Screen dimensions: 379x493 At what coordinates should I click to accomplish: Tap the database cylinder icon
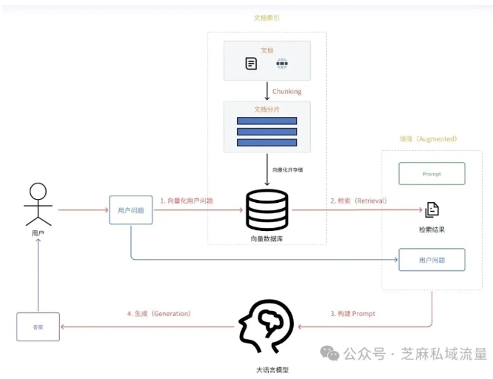coord(266,209)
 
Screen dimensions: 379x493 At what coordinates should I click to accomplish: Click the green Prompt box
coord(432,173)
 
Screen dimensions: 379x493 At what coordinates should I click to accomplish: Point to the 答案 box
coord(38,326)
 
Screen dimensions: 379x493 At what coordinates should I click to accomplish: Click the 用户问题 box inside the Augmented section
coord(432,260)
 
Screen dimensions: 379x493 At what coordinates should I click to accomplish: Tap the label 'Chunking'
coord(287,92)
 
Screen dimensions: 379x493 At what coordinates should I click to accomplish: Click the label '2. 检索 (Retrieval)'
coord(358,201)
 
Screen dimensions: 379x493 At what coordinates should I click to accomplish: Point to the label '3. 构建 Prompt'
coord(352,314)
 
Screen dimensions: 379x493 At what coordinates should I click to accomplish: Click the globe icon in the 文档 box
coord(281,64)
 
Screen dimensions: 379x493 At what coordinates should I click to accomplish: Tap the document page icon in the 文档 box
coord(252,64)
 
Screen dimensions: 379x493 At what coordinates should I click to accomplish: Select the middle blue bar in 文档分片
coord(266,132)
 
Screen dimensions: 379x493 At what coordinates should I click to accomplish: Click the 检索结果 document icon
coord(432,209)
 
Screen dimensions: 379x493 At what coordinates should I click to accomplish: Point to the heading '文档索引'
coord(266,18)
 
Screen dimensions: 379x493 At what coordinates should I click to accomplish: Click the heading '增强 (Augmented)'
coord(428,138)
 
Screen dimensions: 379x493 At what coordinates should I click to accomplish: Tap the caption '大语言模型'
coord(266,369)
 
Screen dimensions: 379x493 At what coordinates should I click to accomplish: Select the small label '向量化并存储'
coord(287,170)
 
